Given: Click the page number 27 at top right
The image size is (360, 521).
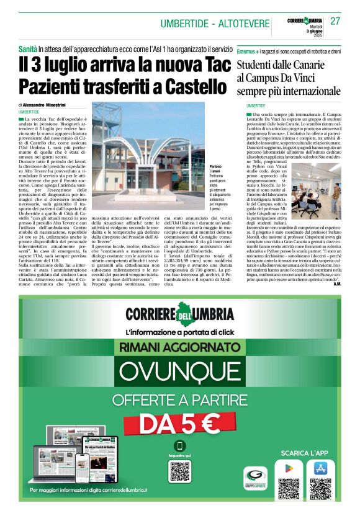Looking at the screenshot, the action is (336, 22).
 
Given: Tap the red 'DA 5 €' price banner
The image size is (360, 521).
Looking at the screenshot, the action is (179, 424).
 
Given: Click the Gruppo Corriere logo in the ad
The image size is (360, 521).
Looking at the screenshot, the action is (255, 479).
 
